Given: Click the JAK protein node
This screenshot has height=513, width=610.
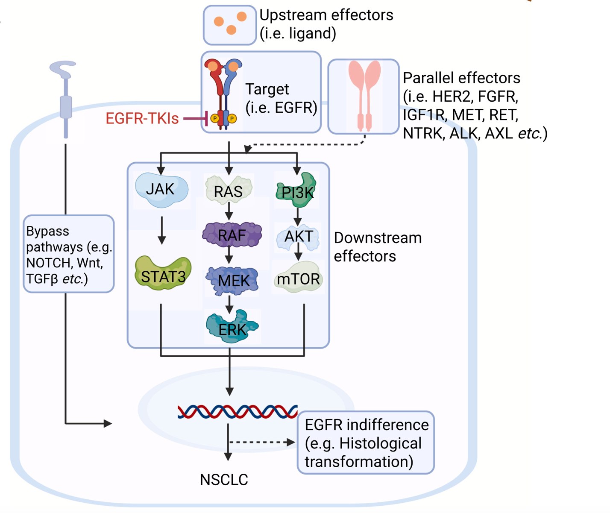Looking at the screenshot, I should [161, 189].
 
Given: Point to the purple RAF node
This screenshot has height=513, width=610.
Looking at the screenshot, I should [232, 235].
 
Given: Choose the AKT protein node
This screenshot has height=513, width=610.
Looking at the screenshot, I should [298, 237].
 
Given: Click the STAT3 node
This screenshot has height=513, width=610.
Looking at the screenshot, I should [163, 275].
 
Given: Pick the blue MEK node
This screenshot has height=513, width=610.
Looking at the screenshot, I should [233, 280].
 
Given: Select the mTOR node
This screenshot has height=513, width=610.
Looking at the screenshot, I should [298, 278].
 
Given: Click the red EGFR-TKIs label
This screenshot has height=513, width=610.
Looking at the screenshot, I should [142, 118].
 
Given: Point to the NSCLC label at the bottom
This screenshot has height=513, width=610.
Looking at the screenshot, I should [224, 480].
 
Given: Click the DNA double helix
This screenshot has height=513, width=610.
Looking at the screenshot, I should [238, 411].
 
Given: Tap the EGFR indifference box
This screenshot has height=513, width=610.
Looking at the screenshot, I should [366, 443].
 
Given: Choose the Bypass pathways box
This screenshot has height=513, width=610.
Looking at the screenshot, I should [69, 254].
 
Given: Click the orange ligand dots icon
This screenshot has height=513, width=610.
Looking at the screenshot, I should [230, 25].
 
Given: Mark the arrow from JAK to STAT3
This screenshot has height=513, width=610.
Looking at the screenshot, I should [161, 230].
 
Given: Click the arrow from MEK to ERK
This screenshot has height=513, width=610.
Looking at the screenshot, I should [229, 304].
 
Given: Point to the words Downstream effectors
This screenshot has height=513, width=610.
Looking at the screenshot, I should [378, 247].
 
